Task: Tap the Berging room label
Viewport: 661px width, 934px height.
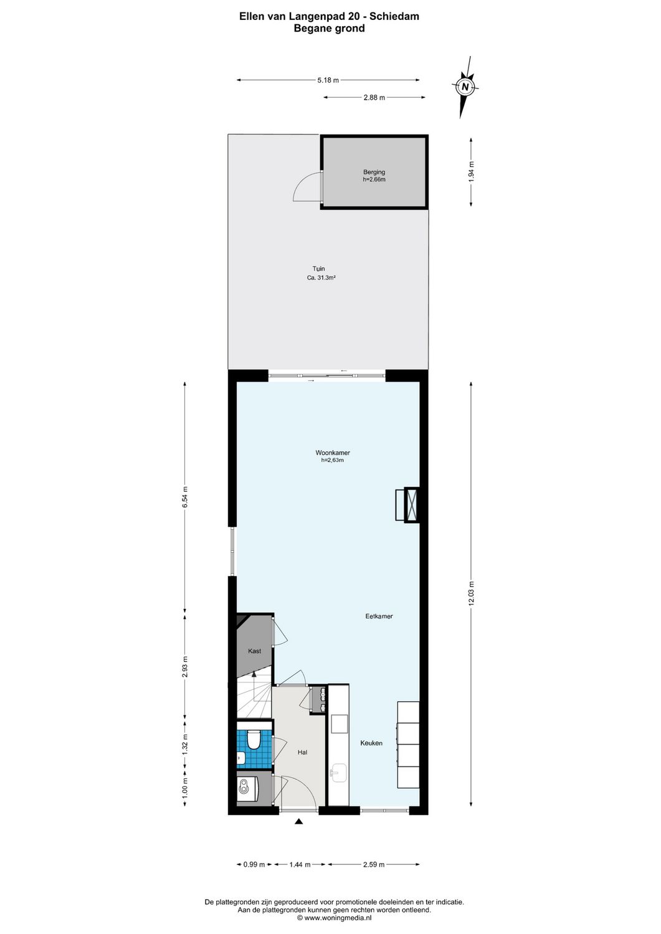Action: click(374, 172)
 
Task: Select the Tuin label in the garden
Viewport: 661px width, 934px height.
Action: click(318, 269)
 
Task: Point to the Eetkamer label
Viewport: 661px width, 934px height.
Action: click(379, 616)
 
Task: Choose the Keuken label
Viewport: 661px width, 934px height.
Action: click(371, 743)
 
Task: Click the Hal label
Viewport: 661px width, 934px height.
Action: click(302, 752)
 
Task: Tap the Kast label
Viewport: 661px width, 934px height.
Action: click(254, 651)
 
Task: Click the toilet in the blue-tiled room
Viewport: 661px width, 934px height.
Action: click(254, 740)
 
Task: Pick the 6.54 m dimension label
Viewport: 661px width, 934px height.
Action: click(184, 497)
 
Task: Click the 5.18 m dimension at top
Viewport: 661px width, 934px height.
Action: click(328, 80)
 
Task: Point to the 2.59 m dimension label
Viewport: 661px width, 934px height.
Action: click(373, 864)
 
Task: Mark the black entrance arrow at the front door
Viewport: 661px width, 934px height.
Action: click(298, 822)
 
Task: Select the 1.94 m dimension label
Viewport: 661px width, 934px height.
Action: click(471, 171)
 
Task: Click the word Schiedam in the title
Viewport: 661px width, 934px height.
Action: click(395, 17)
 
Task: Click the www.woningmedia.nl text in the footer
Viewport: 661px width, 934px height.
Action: click(338, 917)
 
